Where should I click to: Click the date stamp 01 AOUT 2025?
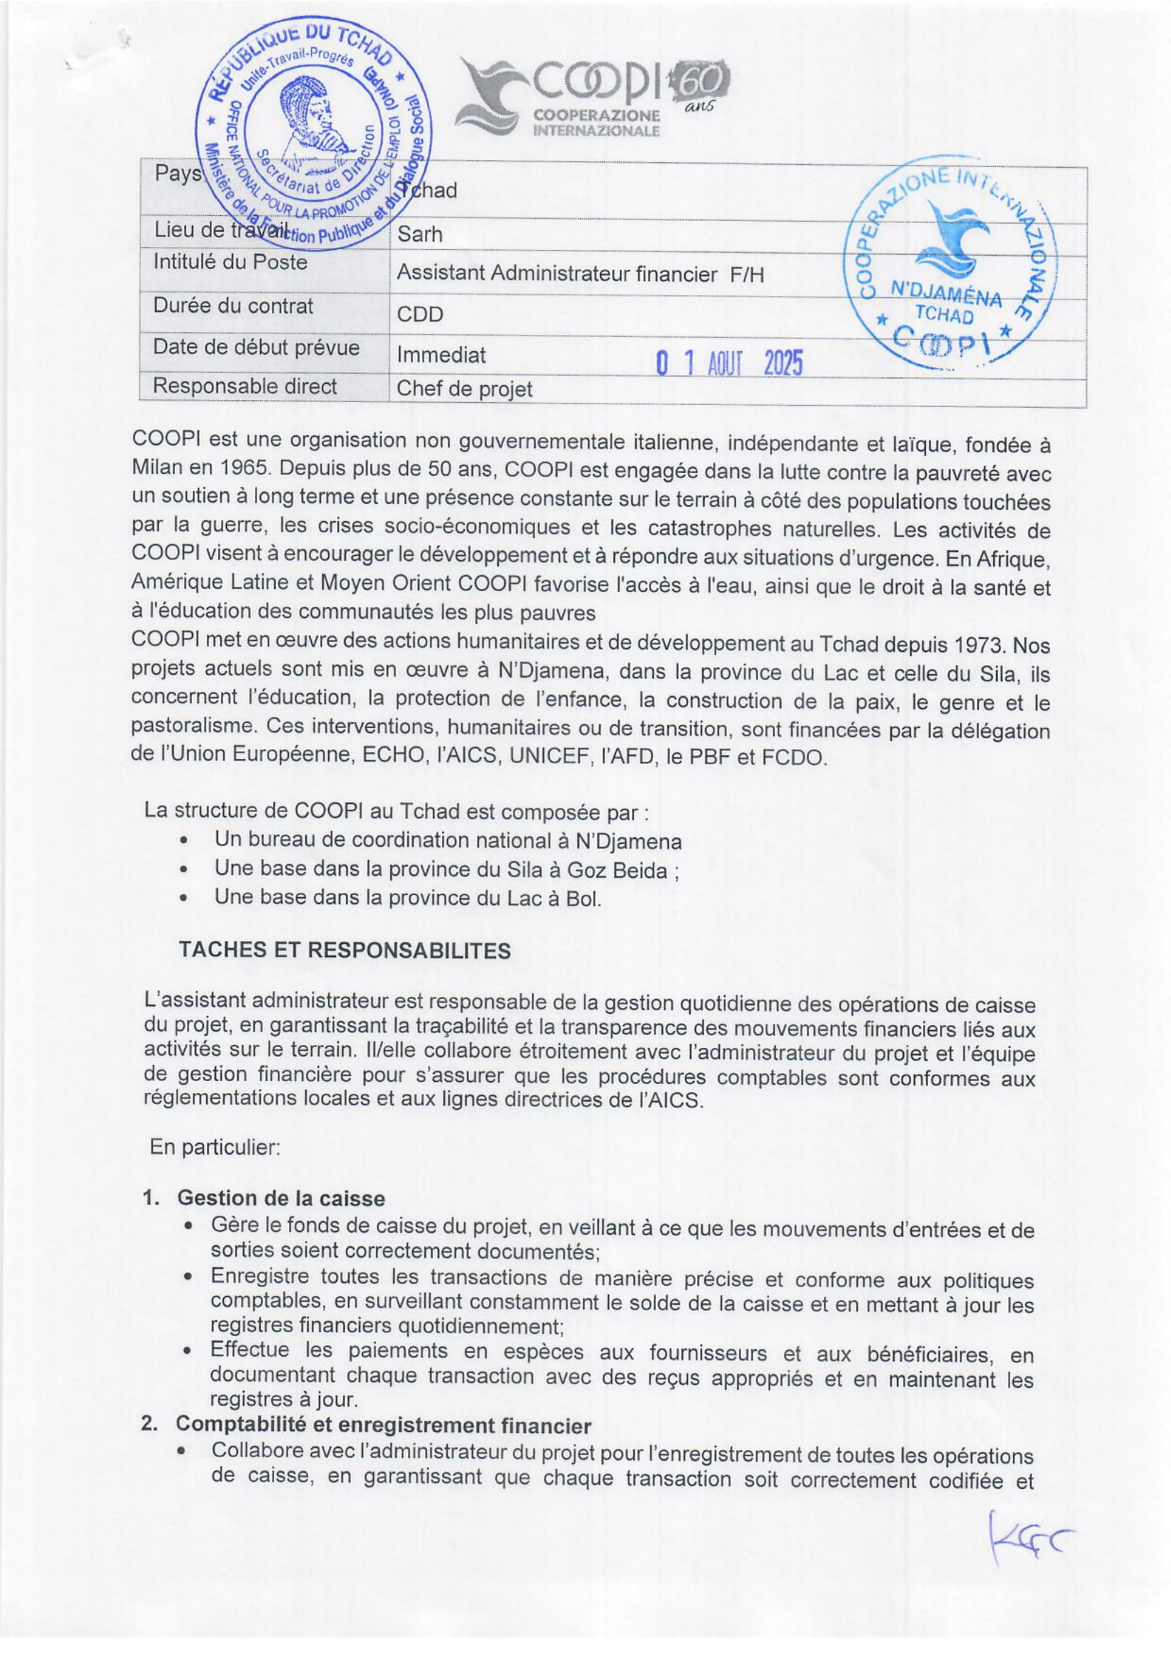pyautogui.click(x=730, y=362)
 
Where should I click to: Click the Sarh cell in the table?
pyautogui.click(x=419, y=234)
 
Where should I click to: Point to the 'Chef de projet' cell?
pyautogui.click(x=464, y=389)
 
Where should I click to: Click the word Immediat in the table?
pyautogui.click(x=441, y=355)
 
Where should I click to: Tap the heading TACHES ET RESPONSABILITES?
pyautogui.click(x=344, y=950)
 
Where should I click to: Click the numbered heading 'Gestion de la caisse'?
pyautogui.click(x=281, y=1198)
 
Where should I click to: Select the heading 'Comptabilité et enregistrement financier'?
pyautogui.click(x=383, y=1425)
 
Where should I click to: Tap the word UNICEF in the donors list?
pyautogui.click(x=550, y=757)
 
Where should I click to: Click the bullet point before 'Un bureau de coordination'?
pyautogui.click(x=186, y=841)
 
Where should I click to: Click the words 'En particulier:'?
pyautogui.click(x=214, y=1147)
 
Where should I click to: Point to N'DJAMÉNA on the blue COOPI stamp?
pyautogui.click(x=946, y=295)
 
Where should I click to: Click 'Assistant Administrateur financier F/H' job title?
pyautogui.click(x=579, y=274)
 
